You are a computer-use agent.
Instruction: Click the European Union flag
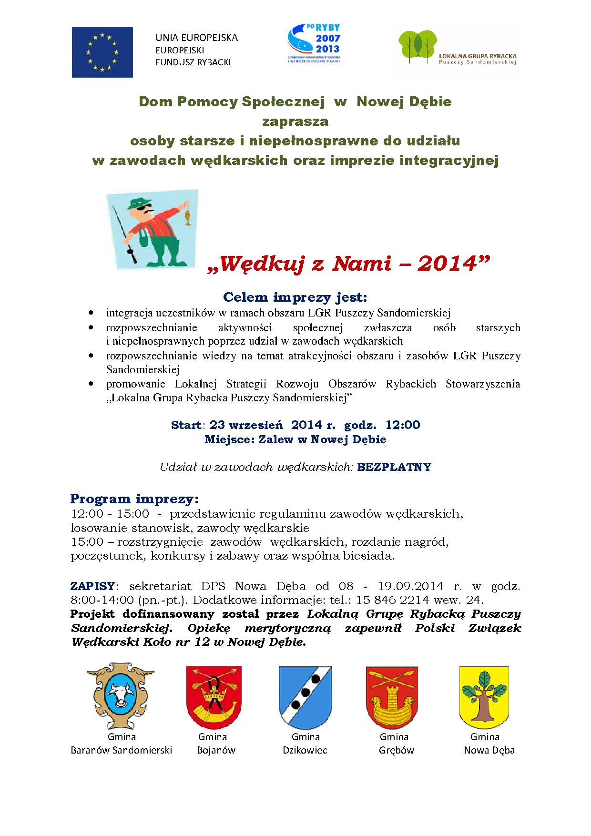pyautogui.click(x=102, y=52)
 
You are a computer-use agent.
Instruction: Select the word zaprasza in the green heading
pyautogui.click(x=295, y=122)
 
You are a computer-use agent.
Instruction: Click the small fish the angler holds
pyautogui.click(x=188, y=217)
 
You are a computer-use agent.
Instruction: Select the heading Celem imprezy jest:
pyautogui.click(x=295, y=297)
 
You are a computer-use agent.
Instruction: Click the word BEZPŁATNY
pyautogui.click(x=394, y=467)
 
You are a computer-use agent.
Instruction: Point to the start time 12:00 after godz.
pyautogui.click(x=403, y=425)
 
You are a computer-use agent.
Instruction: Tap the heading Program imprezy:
pyautogui.click(x=135, y=499)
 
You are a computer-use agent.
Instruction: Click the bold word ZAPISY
pyautogui.click(x=92, y=586)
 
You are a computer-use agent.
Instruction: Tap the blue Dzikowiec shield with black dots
pyautogui.click(x=305, y=695)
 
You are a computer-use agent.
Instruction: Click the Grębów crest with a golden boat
pyautogui.click(x=392, y=695)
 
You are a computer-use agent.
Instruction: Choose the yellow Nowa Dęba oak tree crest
pyautogui.click(x=484, y=695)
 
